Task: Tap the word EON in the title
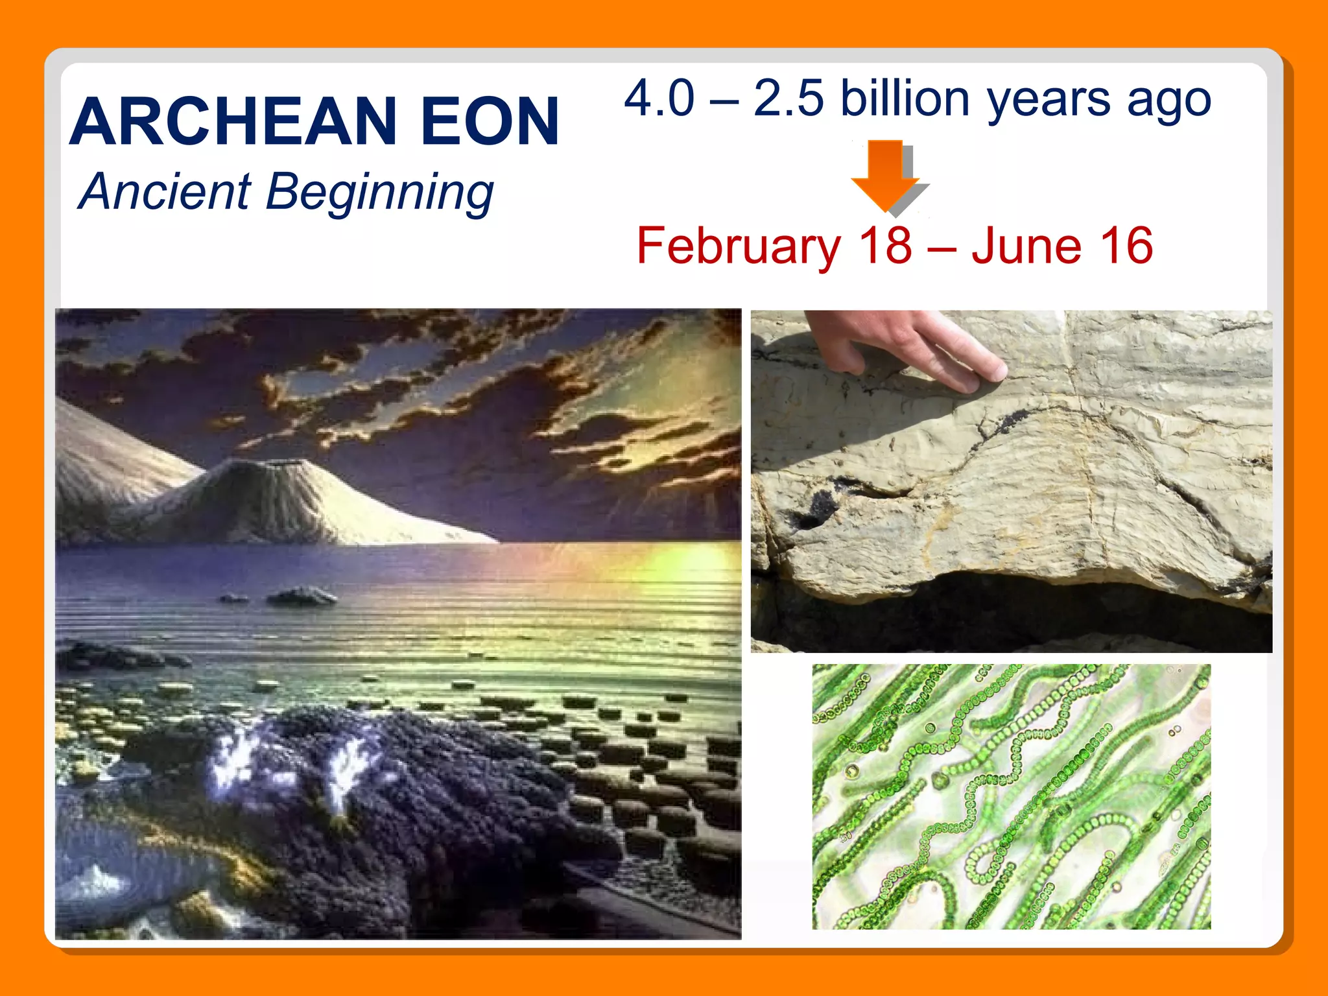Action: (490, 122)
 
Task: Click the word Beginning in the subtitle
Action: (379, 193)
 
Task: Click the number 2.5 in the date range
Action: (788, 99)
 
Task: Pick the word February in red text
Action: (739, 246)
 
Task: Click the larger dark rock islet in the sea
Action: (302, 595)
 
